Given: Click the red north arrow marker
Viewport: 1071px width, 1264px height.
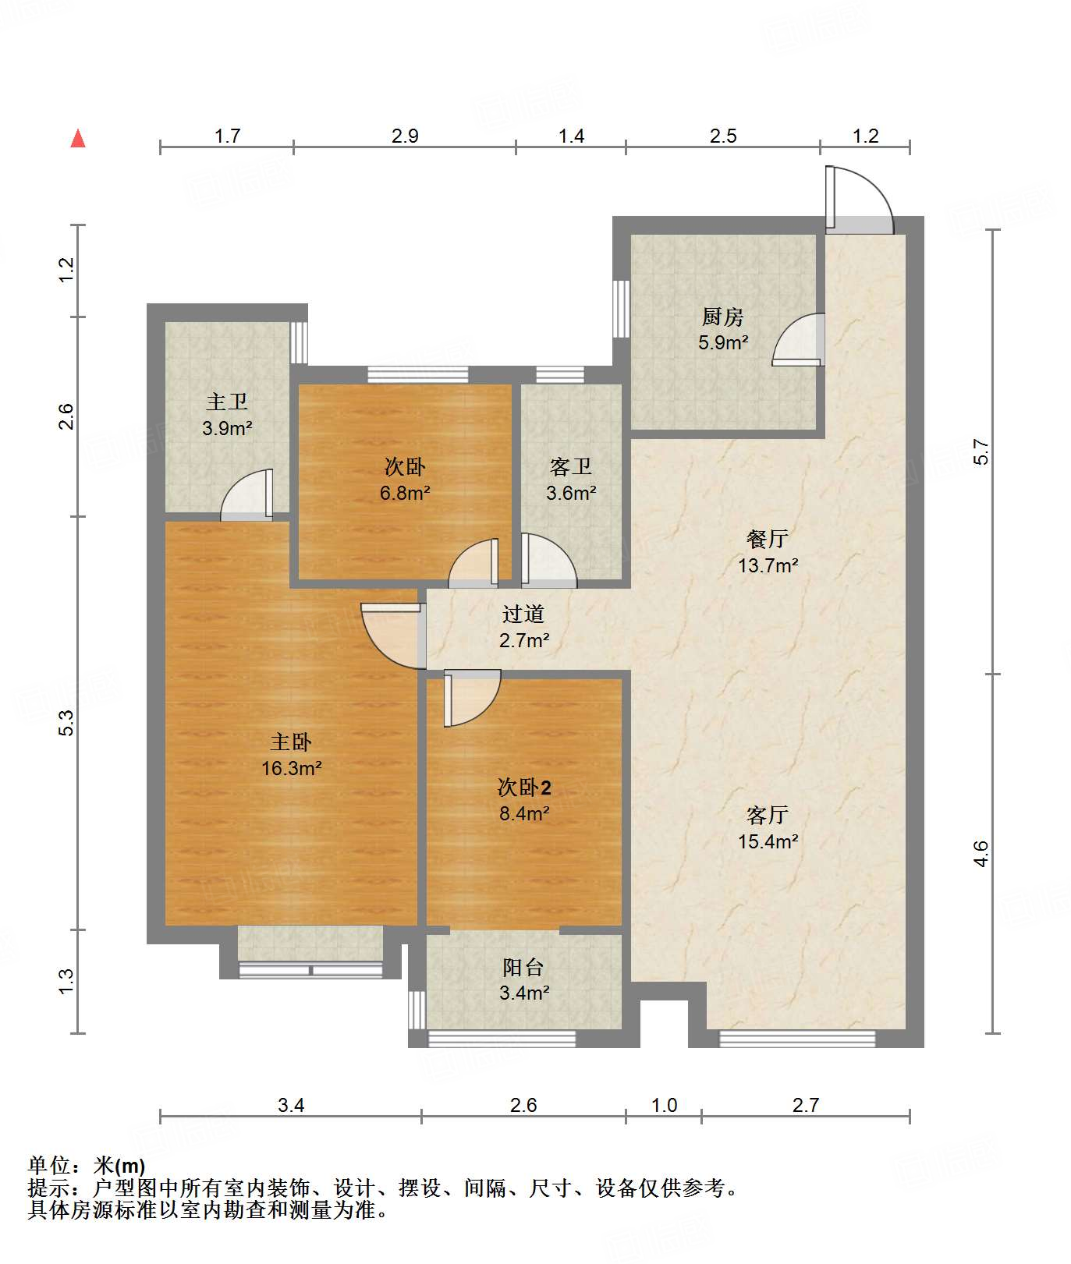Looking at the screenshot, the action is [78, 138].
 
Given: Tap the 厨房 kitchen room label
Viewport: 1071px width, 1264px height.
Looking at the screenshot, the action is [722, 317].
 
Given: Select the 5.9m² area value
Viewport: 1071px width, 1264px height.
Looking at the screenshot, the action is [723, 342].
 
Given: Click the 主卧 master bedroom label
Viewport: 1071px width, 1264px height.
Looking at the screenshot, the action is [291, 742].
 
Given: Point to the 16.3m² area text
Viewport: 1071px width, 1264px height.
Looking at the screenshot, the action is [292, 768].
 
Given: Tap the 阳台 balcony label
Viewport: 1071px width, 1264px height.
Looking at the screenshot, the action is [523, 967].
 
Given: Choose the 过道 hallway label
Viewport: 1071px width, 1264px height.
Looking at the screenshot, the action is [523, 614].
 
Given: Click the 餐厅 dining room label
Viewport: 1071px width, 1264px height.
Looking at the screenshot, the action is [768, 538].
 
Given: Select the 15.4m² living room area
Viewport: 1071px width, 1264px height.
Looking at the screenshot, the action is [768, 841].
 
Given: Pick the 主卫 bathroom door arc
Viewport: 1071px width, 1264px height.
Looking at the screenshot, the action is [236, 485].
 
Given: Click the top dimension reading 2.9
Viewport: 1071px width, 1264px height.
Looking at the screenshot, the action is [405, 136].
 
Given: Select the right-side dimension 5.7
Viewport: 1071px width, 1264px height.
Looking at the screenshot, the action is [981, 453].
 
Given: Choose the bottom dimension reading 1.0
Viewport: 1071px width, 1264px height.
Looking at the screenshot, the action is [664, 1105].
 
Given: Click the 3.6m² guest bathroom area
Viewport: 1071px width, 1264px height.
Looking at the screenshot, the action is [571, 493].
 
